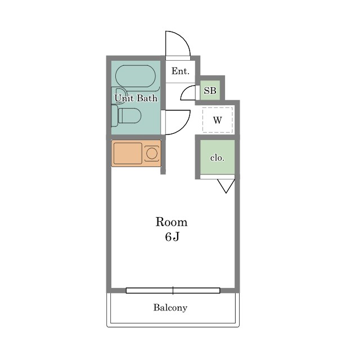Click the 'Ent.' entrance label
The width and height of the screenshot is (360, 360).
coord(181,71)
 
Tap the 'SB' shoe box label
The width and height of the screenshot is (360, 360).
coord(210,91)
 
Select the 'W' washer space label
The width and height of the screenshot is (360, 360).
coord(218,120)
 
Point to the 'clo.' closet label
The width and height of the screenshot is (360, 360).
coord(217,158)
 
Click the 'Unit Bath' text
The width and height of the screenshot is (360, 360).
coord(136,98)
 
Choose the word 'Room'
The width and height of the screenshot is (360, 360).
coord(172,222)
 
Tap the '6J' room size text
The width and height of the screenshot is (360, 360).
coord(172,237)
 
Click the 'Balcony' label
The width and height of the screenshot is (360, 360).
coord(170,308)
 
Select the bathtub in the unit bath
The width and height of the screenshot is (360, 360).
coord(136,76)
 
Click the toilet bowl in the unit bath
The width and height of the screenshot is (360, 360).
coord(129,115)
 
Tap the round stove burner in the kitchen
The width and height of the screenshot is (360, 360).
coord(152,154)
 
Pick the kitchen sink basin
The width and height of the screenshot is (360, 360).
coord(128,154)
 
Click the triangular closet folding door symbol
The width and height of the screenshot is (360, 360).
coord(226,186)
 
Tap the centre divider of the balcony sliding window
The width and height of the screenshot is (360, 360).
coord(173,290)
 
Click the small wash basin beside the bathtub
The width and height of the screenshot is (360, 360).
coord(119,96)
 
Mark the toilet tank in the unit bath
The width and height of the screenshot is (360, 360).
coord(114,116)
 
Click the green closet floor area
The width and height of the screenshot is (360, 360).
coord(218,157)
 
